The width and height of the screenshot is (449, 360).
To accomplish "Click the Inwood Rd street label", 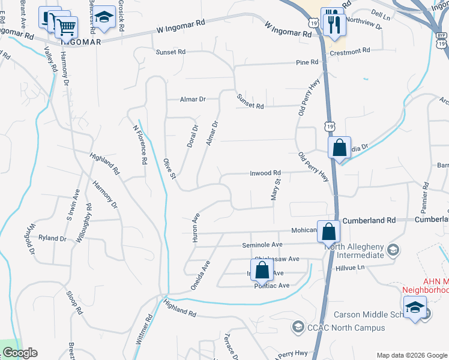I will coord(265,173).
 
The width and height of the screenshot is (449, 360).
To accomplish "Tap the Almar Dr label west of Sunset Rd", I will coord(193,100).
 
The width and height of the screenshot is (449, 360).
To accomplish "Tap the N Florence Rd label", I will coord(139,144).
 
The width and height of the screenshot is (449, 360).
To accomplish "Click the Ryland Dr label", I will coord(52,238).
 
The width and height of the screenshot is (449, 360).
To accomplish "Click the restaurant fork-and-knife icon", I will coord(332,24).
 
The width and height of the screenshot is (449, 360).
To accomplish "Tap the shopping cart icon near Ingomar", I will coord(65,26).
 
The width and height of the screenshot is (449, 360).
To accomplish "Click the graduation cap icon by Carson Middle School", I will coord(414,309).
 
